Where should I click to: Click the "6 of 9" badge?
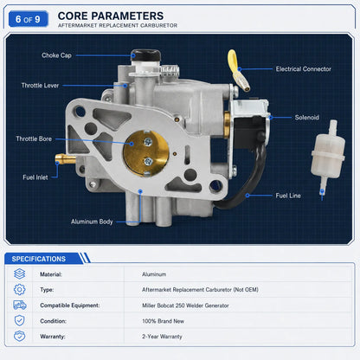click(29, 19)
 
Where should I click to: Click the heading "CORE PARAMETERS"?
click(111, 16)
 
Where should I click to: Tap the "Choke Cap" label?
click(56, 55)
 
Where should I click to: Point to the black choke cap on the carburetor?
click(145, 55)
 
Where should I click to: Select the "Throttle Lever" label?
click(40, 86)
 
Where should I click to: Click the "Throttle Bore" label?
click(34, 138)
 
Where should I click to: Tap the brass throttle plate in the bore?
click(146, 153)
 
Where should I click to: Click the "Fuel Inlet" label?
click(35, 177)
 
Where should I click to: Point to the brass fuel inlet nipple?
click(66, 158)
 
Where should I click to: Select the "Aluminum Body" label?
click(92, 222)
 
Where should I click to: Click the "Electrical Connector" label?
click(304, 69)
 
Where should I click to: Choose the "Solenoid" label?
click(307, 118)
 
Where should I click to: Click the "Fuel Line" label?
click(288, 196)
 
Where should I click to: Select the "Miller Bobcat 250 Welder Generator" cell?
click(185, 305)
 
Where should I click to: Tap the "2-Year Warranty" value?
click(162, 337)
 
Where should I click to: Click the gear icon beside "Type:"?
click(19, 289)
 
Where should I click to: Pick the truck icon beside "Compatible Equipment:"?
click(20, 305)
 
